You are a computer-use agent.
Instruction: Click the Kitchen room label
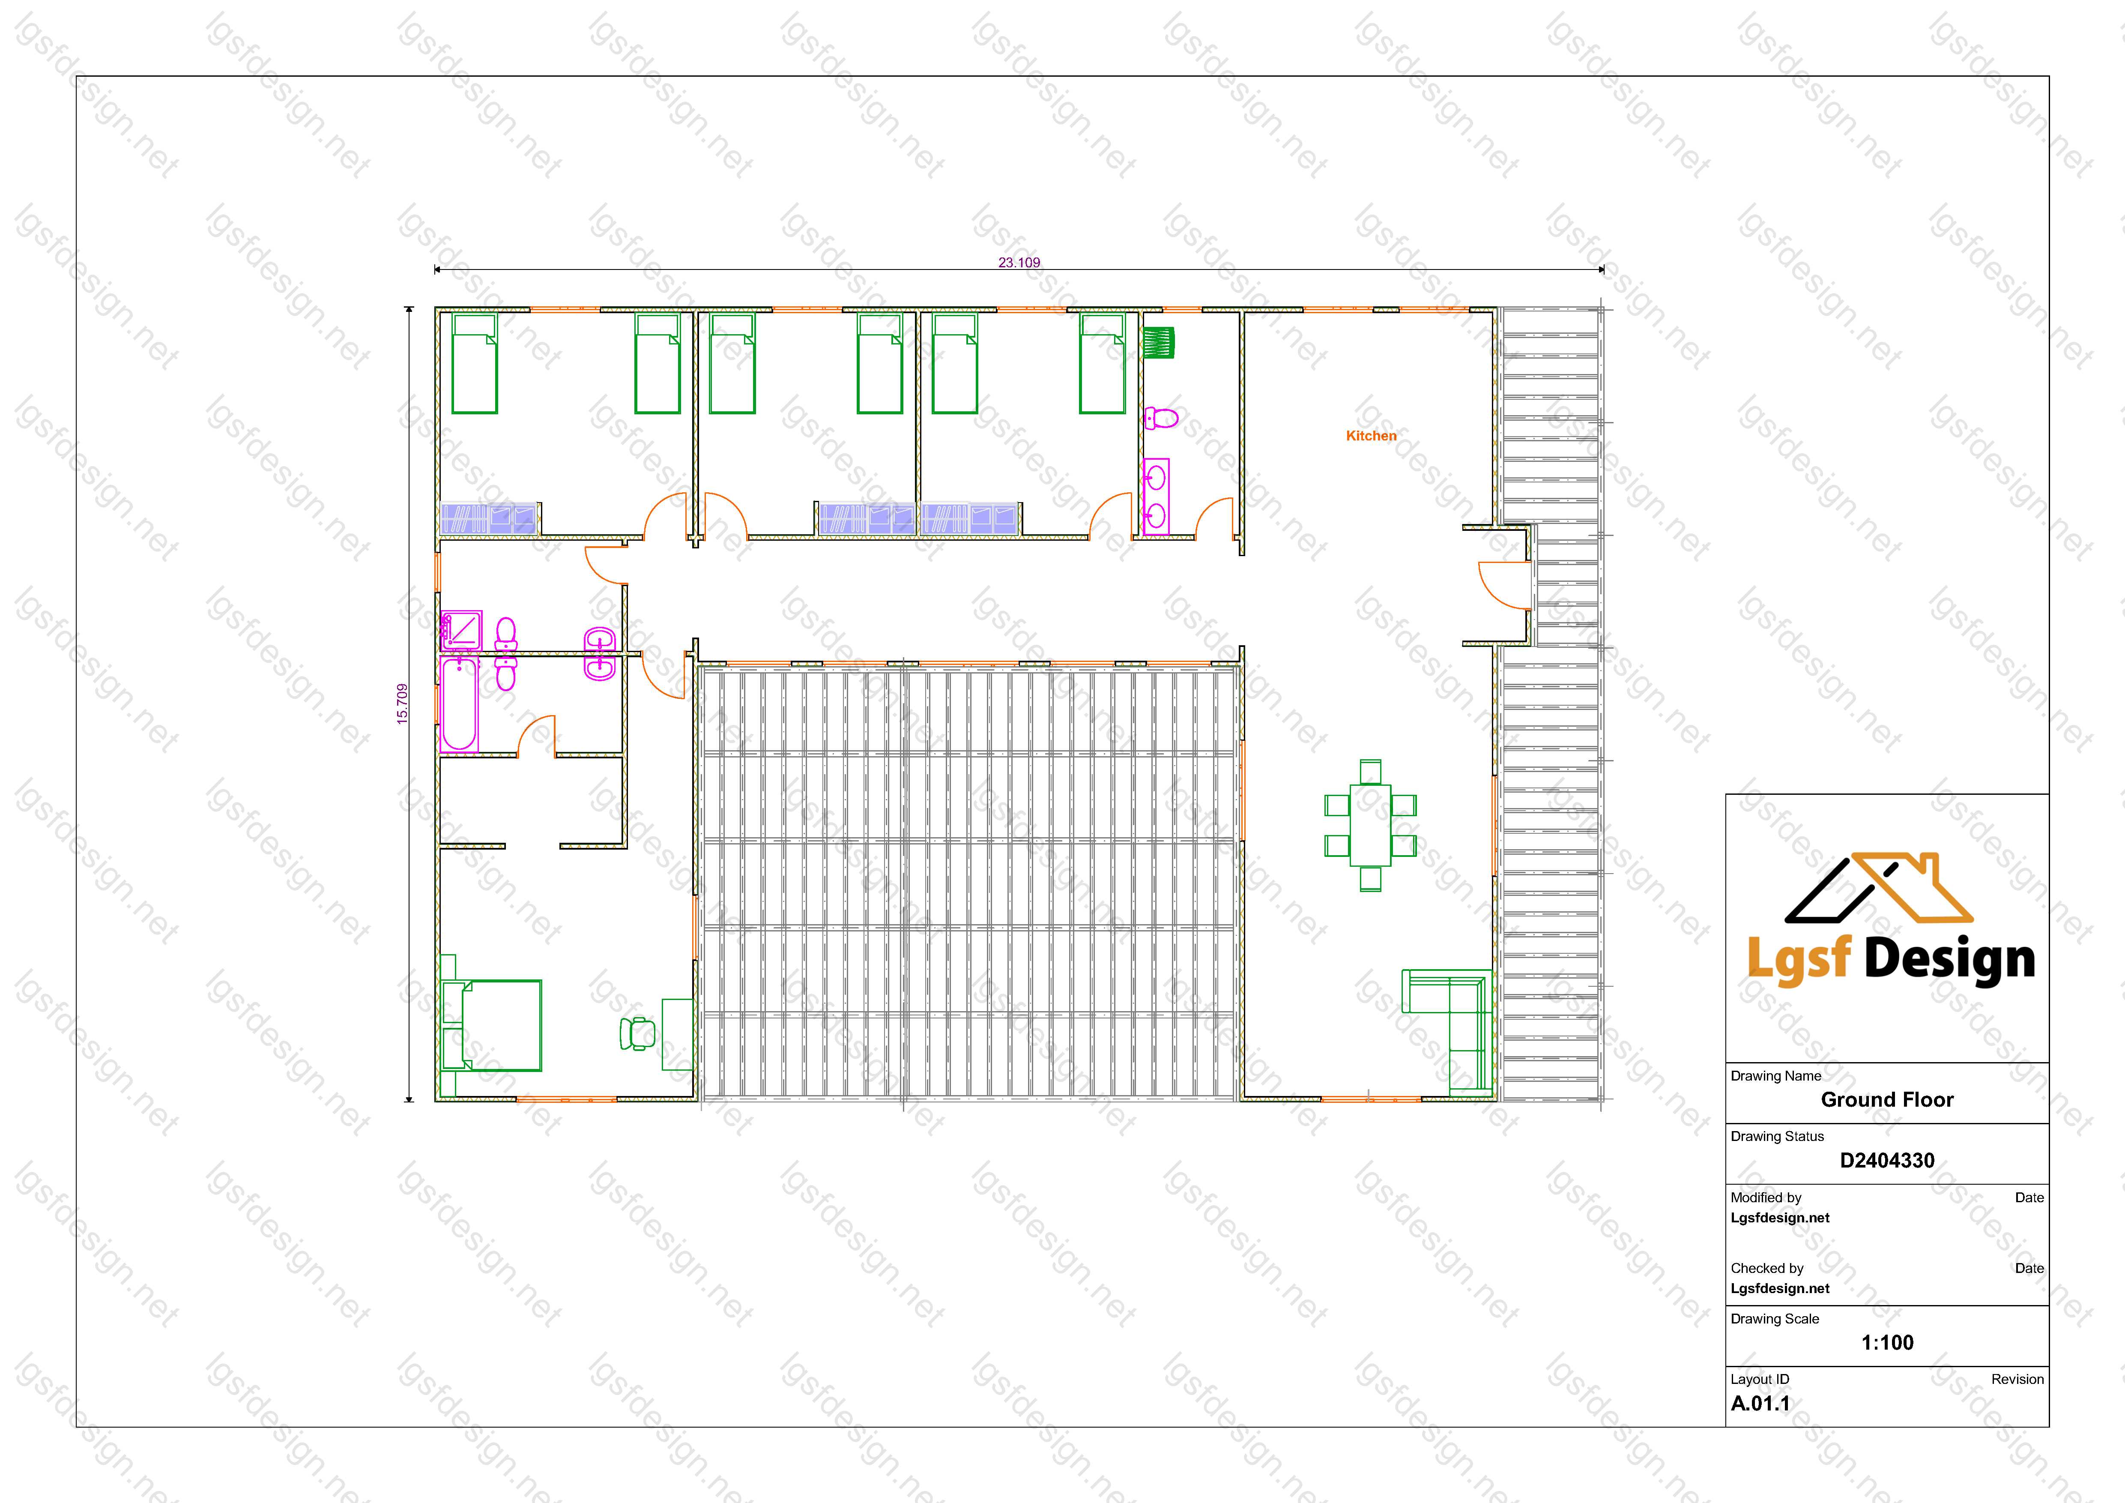click(1371, 436)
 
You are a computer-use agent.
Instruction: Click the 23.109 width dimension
click(1019, 263)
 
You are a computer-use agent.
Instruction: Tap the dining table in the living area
click(1371, 826)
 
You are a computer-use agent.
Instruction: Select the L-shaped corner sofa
click(1447, 1029)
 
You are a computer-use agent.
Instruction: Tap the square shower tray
click(461, 630)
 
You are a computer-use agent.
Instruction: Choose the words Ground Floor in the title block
click(1887, 1099)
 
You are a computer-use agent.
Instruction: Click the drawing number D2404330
click(1887, 1161)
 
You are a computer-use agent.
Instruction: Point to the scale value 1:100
click(1887, 1342)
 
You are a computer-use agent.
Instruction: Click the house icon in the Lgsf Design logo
click(1879, 889)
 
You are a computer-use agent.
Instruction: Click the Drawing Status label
click(1777, 1137)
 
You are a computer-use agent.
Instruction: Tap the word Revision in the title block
click(2017, 1379)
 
